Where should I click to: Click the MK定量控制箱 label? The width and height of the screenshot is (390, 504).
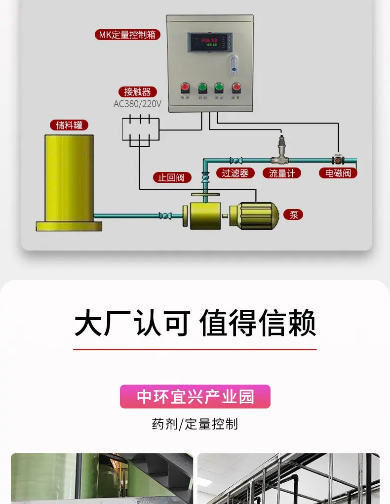point(127,35)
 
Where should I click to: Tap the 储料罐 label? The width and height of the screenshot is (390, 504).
point(69,125)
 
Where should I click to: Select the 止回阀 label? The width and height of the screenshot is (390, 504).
point(171,177)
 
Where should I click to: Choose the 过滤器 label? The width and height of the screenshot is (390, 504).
point(235,173)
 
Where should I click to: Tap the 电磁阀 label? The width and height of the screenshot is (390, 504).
point(338,173)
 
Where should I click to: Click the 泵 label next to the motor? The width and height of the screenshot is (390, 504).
point(294,214)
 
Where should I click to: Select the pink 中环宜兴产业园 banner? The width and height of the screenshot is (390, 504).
point(195,397)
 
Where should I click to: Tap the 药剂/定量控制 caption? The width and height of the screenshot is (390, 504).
point(195,424)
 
